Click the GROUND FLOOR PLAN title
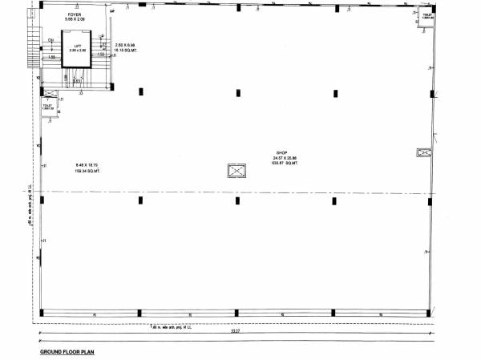click(67, 351)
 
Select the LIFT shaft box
click(78, 49)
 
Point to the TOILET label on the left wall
click(47, 105)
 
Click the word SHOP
click(281, 152)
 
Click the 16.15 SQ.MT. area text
click(126, 50)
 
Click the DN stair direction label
click(51, 39)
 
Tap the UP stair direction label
click(102, 37)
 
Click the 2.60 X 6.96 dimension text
click(126, 45)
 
